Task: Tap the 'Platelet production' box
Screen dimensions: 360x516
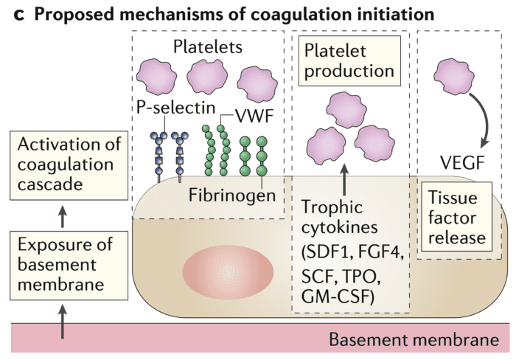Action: click(349, 62)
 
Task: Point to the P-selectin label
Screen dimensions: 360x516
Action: click(175, 108)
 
